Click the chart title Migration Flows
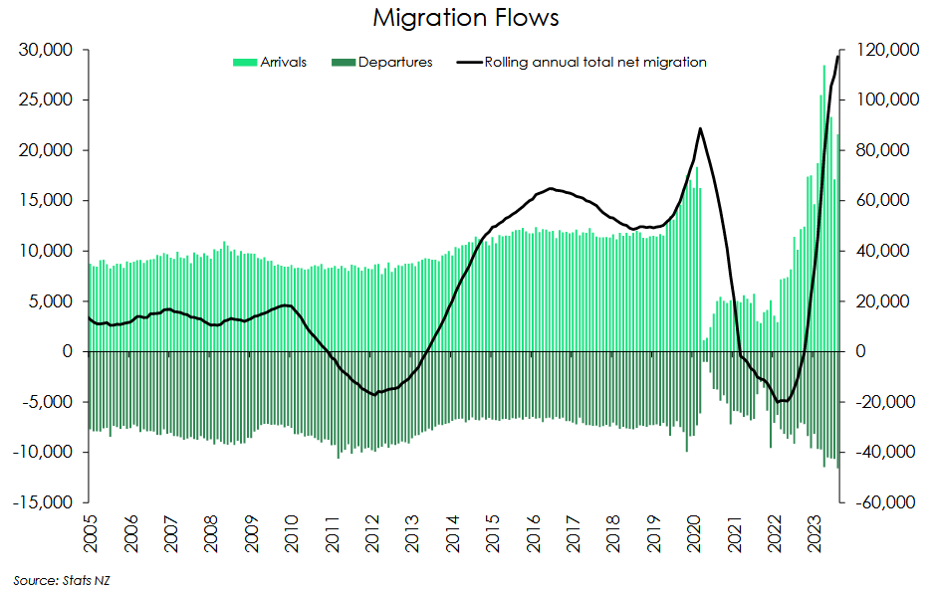[x=467, y=18]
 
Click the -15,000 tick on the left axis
[x=41, y=502]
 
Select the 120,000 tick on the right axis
[x=881, y=50]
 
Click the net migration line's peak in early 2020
[x=701, y=128]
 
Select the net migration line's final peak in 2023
[x=838, y=56]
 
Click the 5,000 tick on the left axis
[x=50, y=301]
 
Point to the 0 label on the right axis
[x=861, y=351]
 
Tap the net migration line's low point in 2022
[x=781, y=401]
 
